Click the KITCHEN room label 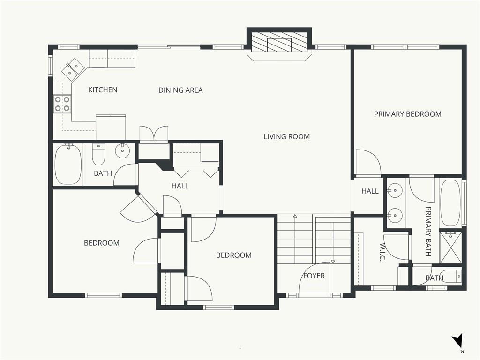coord(103,90)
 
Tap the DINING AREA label coord(180,90)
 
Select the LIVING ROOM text coord(287,136)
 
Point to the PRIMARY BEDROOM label coord(408,114)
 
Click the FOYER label coord(314,276)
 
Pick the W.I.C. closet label coord(382,252)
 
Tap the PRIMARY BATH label coord(428,232)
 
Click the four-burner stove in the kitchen coord(62,104)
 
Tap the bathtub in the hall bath coord(68,164)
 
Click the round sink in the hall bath coord(122,150)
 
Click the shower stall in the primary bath coord(450,247)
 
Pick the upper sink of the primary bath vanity coord(395,190)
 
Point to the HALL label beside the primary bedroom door coord(370,191)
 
